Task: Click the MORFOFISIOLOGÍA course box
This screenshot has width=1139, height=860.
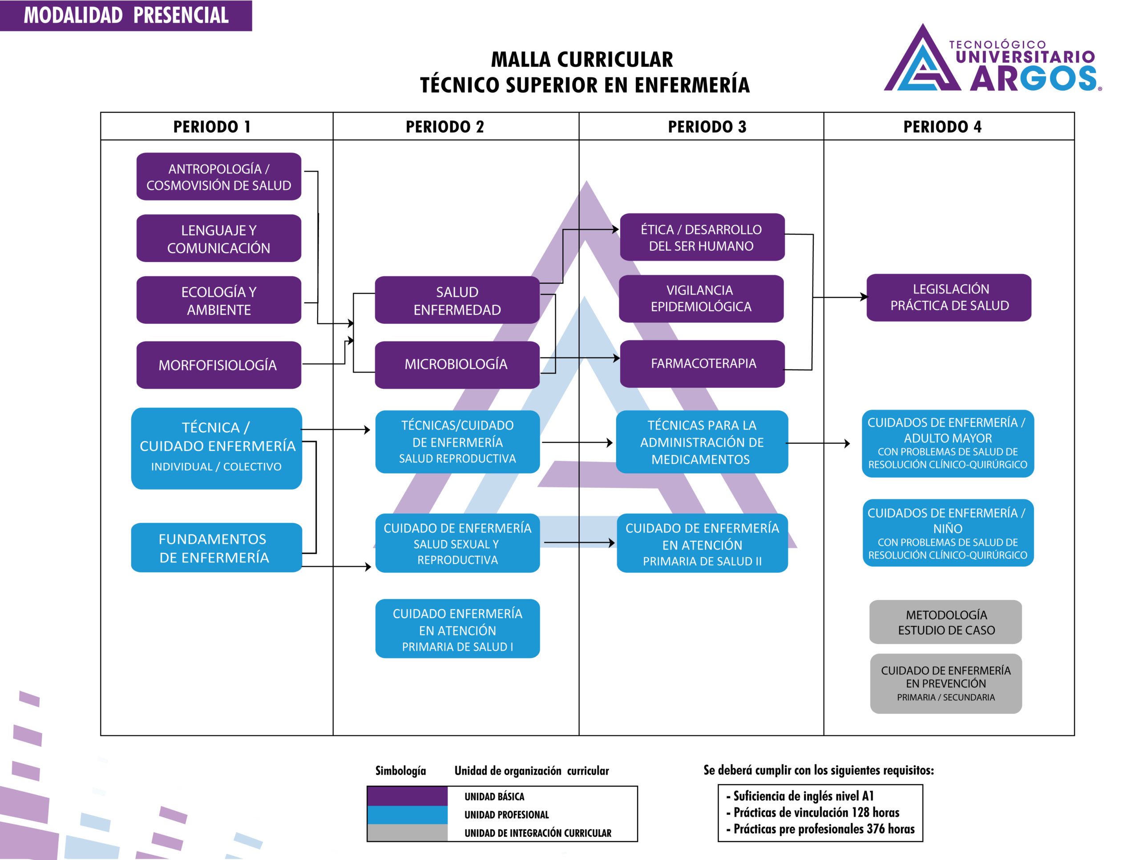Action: (x=218, y=365)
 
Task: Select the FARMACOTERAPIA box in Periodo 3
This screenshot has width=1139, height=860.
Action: (x=703, y=363)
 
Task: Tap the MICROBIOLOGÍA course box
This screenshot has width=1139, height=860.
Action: (x=457, y=364)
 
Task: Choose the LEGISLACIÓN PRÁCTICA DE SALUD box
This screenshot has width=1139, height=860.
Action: (x=949, y=297)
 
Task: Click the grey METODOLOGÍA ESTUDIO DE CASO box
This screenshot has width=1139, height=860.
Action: (x=945, y=622)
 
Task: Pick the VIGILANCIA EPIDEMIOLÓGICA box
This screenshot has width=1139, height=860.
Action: (x=701, y=298)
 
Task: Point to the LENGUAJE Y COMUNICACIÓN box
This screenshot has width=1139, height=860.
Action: (x=218, y=239)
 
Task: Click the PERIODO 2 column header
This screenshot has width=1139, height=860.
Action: (x=444, y=127)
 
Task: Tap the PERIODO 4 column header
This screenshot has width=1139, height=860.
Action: (x=942, y=127)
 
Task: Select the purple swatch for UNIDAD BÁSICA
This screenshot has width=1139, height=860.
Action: (x=407, y=796)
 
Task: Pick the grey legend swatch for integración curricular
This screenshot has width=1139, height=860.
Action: (x=407, y=832)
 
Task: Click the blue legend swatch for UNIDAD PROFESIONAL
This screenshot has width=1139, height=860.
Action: (x=407, y=814)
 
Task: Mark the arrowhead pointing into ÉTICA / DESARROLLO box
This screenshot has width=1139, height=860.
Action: (x=615, y=229)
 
